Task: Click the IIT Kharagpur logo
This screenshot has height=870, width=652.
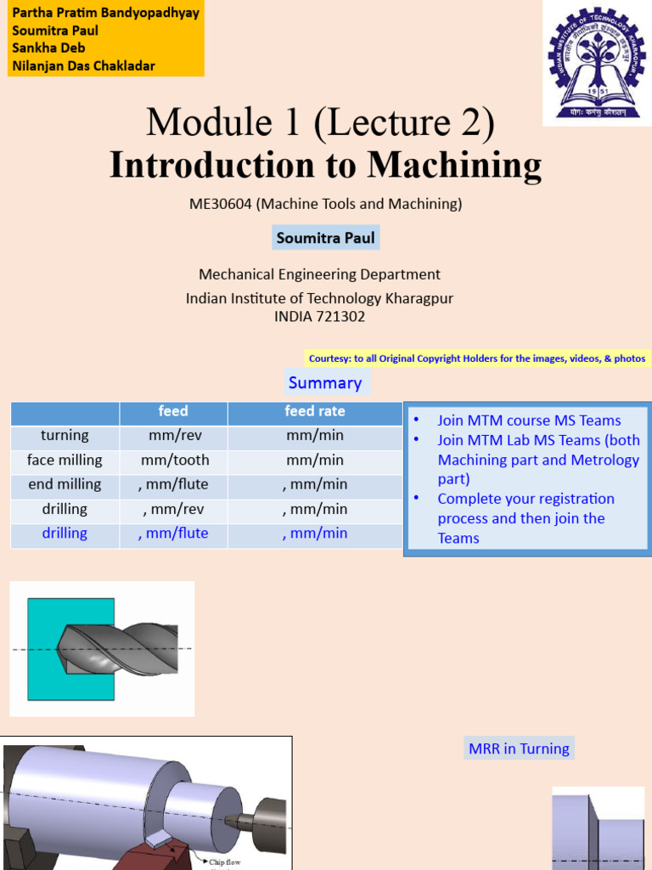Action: (x=597, y=65)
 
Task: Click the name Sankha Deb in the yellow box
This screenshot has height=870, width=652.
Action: (x=48, y=48)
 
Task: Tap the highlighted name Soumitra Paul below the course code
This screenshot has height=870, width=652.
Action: (x=325, y=238)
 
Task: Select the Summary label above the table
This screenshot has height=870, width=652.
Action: (x=325, y=382)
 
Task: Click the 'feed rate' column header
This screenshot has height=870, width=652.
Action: (x=314, y=411)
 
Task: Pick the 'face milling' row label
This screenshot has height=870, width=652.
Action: (x=65, y=460)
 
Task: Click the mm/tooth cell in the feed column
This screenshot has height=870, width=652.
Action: (x=173, y=460)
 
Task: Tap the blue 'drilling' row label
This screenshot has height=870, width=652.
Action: (x=65, y=533)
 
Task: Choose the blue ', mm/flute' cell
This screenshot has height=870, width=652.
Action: (x=173, y=533)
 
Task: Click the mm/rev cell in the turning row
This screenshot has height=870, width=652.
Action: (x=173, y=435)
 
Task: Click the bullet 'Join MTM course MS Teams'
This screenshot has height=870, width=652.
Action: (x=529, y=421)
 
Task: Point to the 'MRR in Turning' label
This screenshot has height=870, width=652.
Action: (x=519, y=749)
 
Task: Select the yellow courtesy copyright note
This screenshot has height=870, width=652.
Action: (x=477, y=359)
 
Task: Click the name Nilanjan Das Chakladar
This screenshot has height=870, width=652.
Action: (x=83, y=65)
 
